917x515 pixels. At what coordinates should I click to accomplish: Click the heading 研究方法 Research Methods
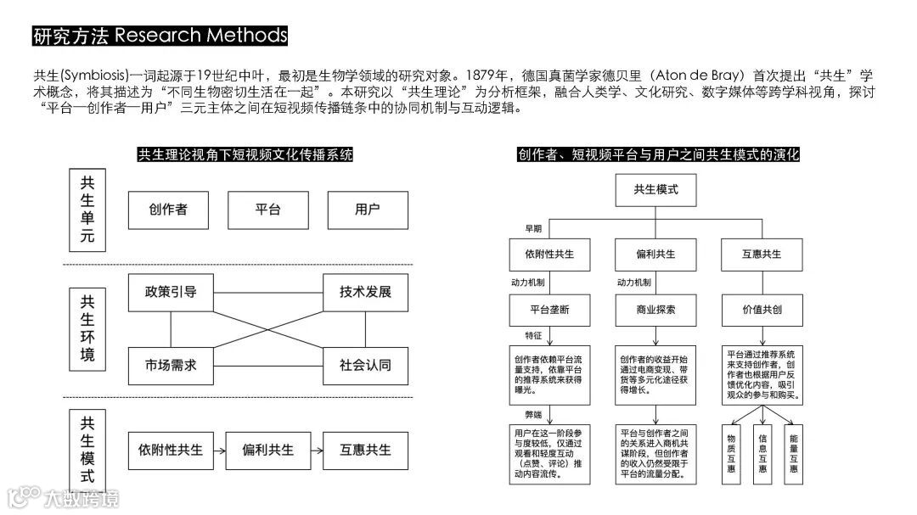(x=160, y=36)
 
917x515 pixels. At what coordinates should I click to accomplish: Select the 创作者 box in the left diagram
(x=167, y=210)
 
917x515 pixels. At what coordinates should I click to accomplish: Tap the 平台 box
(x=267, y=210)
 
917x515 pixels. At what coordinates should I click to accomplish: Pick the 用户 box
(x=368, y=210)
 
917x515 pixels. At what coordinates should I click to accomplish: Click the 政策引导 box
(x=171, y=292)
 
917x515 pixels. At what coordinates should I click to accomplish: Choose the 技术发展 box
(x=366, y=292)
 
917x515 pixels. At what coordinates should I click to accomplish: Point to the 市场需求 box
(x=171, y=366)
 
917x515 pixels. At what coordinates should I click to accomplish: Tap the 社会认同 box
(x=366, y=366)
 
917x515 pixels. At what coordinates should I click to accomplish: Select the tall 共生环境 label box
(x=87, y=328)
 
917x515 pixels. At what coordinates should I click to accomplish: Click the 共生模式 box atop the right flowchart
(x=655, y=189)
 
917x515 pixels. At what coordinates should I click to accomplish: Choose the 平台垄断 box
(x=550, y=310)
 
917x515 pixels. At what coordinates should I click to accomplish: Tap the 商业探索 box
(x=655, y=310)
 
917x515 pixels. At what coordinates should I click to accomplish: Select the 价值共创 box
(x=761, y=310)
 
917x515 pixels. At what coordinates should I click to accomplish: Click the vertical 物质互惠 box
(x=732, y=453)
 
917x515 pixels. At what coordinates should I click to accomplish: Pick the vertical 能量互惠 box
(x=793, y=453)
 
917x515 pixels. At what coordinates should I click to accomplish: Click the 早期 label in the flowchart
(x=532, y=228)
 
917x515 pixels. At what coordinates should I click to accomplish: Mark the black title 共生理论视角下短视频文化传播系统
(x=245, y=155)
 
